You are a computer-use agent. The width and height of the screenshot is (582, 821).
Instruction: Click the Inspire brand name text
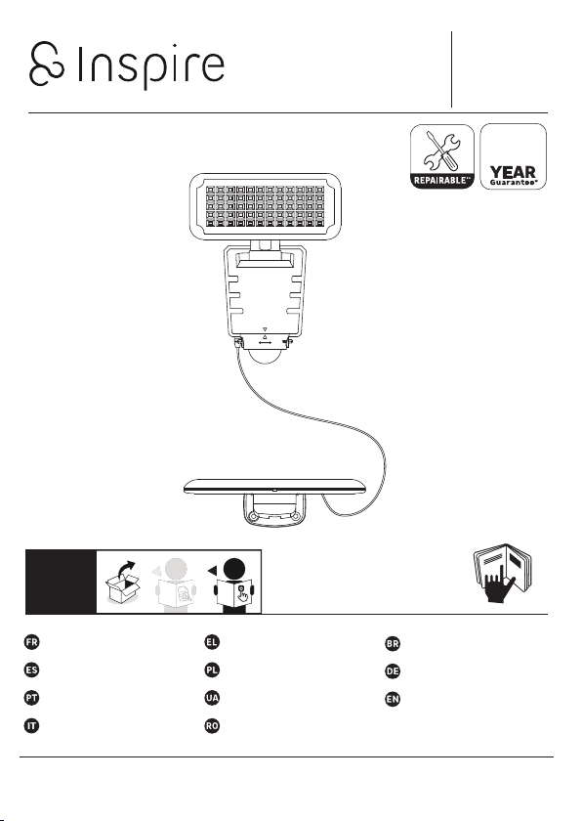(151, 66)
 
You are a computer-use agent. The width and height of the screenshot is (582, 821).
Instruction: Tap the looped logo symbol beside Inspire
(47, 64)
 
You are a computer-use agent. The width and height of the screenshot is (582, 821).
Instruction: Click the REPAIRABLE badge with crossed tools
(441, 156)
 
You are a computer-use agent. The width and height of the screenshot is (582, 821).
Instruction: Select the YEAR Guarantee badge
(513, 156)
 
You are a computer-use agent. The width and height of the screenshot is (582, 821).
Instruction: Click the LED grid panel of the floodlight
(265, 206)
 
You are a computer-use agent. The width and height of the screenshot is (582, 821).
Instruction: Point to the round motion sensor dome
(265, 356)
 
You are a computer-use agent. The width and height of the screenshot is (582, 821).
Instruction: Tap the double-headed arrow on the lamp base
(265, 343)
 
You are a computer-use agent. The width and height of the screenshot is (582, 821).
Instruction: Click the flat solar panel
(274, 487)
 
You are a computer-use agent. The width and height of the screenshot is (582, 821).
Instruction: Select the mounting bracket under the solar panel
(274, 510)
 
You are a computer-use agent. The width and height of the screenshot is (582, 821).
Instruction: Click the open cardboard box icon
(123, 583)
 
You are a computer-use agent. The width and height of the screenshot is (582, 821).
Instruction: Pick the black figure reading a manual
(233, 585)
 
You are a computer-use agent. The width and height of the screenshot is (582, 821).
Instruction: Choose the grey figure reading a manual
(176, 585)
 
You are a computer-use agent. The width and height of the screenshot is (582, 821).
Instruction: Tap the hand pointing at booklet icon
(502, 574)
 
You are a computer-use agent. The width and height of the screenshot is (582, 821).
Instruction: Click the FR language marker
(32, 642)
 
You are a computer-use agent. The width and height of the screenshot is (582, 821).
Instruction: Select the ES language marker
(32, 670)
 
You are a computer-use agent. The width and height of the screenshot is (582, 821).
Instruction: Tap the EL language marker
(212, 642)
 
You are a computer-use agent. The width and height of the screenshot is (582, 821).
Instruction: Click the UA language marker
(212, 698)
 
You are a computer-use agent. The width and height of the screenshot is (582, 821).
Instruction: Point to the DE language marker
(393, 671)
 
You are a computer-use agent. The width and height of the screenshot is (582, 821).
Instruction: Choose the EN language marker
(393, 699)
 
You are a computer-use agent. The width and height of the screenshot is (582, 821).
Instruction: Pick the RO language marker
(212, 726)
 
